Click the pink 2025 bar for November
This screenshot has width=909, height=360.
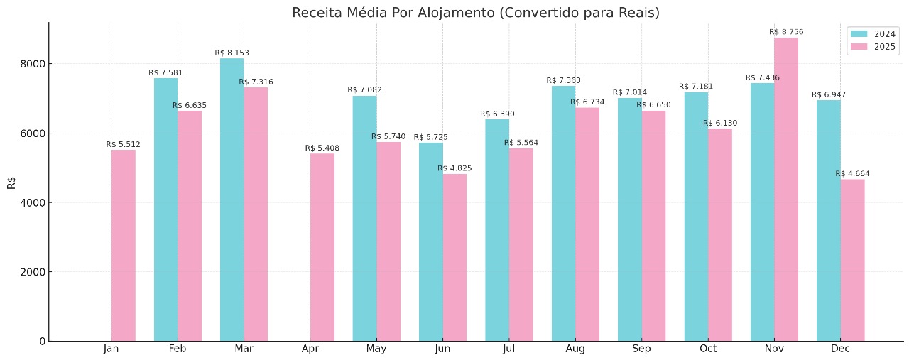[786, 189]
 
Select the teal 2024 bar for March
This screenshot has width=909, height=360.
[232, 200]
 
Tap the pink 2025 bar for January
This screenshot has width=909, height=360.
[123, 245]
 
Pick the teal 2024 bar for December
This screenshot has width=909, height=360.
[828, 220]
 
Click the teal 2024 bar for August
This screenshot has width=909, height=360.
[563, 213]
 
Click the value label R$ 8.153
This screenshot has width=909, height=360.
[232, 53]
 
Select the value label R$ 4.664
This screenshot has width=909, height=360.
[852, 174]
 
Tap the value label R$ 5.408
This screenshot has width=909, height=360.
[322, 148]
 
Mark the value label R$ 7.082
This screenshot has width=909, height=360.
[364, 90]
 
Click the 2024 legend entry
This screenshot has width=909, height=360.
[873, 34]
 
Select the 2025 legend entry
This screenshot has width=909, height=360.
[873, 48]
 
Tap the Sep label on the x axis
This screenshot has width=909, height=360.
[641, 349]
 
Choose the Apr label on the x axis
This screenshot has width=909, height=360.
[310, 349]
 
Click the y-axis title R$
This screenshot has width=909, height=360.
[11, 182]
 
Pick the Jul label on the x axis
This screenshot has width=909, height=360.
[508, 349]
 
